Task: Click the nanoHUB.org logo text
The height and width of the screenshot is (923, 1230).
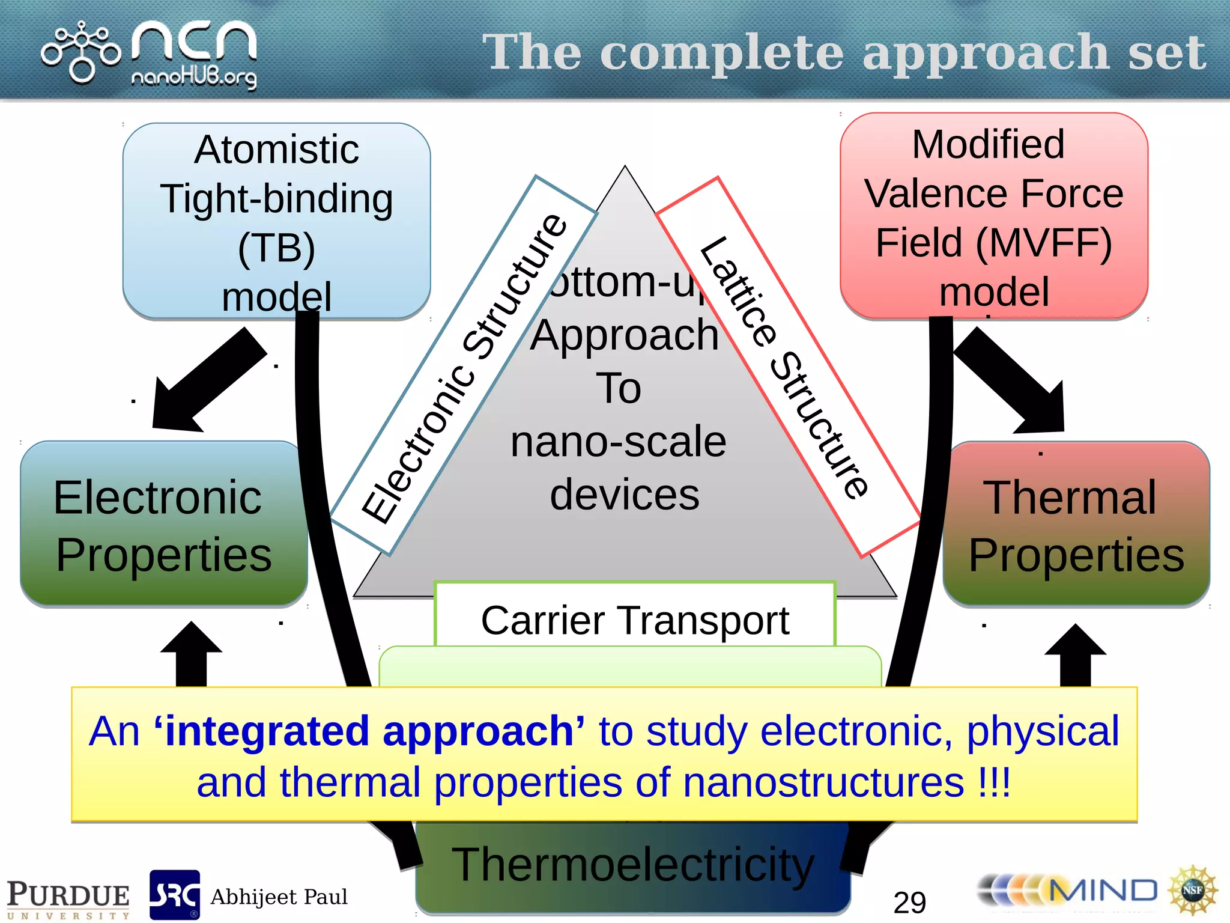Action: tap(193, 77)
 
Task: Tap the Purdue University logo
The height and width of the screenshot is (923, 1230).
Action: tap(68, 899)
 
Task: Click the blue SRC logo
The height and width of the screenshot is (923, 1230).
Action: tap(174, 894)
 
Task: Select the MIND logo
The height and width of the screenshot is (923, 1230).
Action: tap(1069, 891)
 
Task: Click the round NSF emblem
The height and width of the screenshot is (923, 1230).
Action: tap(1192, 891)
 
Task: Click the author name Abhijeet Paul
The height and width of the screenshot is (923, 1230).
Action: tap(279, 897)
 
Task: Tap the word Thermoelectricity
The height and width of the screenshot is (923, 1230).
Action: tap(633, 865)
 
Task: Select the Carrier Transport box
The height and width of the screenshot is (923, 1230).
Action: tap(635, 619)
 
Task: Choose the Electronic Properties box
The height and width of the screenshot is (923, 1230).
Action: tap(163, 524)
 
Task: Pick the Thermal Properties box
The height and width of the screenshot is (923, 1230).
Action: tap(1076, 524)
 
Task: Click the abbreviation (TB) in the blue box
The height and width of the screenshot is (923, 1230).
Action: tap(276, 248)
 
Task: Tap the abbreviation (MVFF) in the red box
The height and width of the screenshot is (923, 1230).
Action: tap(1044, 243)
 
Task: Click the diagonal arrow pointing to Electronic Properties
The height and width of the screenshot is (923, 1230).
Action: tap(204, 382)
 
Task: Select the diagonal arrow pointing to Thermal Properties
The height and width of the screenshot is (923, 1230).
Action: tap(1015, 382)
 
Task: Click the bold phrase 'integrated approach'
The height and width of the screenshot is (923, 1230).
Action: tap(369, 731)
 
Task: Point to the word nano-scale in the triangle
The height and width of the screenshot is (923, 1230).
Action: tap(618, 442)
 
